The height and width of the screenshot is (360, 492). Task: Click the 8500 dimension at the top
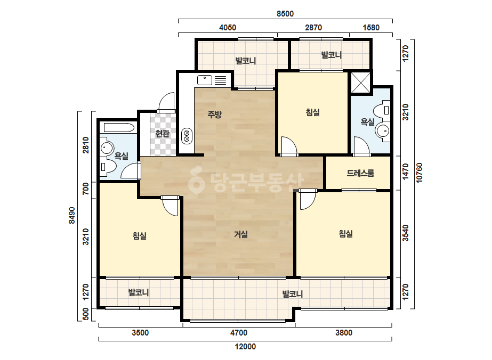285,13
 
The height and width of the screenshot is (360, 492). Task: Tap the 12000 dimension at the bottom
245,347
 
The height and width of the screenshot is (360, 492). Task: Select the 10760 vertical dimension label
419,173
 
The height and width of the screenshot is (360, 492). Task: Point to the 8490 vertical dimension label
72,216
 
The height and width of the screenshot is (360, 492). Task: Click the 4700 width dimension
239,333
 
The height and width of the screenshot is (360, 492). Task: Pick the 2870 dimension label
313,28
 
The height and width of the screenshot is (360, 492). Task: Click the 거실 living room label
241,234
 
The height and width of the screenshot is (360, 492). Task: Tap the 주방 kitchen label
215,114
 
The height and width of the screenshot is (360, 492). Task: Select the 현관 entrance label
162,134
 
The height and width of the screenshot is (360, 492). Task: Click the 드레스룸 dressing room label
360,173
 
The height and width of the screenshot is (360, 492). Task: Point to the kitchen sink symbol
205,80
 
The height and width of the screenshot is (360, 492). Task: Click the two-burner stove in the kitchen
187,136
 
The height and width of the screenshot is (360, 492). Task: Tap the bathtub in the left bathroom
119,128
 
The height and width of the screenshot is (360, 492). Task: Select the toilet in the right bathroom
382,110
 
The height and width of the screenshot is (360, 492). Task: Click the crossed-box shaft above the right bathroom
360,83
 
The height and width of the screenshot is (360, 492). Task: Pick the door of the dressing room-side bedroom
308,200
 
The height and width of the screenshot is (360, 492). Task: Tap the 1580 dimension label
371,28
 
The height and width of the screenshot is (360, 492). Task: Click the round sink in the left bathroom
107,148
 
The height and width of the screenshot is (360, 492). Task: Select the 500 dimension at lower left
85,315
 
